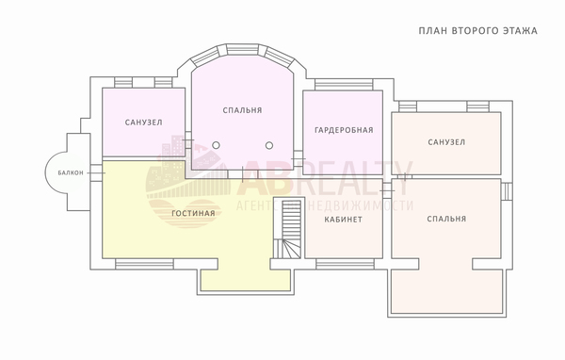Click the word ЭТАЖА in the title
click(x=520, y=31)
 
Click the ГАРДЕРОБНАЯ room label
click(x=344, y=130)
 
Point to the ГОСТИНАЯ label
click(x=193, y=213)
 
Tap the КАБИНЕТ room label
click(x=343, y=220)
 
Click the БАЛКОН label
click(x=71, y=172)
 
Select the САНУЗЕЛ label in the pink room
click(x=143, y=123)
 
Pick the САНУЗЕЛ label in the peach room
click(x=446, y=142)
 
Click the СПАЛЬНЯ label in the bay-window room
click(x=242, y=110)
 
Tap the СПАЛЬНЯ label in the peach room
click(x=446, y=219)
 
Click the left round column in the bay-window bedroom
click(x=216, y=145)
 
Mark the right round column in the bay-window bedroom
click(x=269, y=145)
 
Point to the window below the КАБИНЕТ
click(x=346, y=265)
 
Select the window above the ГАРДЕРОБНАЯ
click(x=344, y=85)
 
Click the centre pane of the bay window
click(x=243, y=50)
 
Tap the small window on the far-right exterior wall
click(x=507, y=190)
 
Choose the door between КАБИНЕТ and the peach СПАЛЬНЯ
click(x=387, y=188)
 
